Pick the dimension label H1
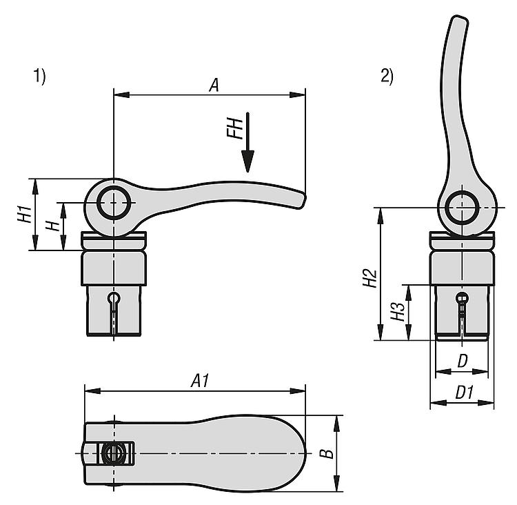click(23, 214)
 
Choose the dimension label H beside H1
click(50, 226)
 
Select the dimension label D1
click(464, 393)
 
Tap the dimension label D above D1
click(463, 360)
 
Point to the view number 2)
click(387, 77)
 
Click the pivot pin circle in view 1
click(113, 202)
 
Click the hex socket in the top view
click(112, 453)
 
